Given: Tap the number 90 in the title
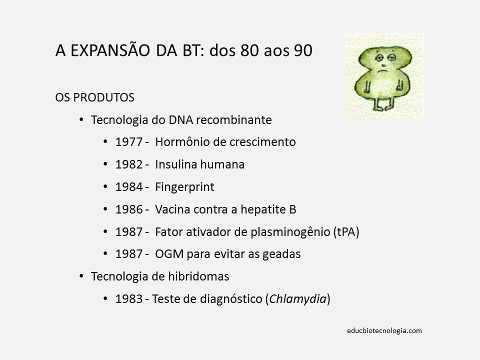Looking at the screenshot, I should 303,51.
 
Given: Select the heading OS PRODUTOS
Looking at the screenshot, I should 94,97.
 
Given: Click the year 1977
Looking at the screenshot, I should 128,142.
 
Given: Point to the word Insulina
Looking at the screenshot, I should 177,164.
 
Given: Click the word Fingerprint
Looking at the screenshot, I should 184,187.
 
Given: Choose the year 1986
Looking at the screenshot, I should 128,209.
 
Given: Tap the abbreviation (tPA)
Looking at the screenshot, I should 346,232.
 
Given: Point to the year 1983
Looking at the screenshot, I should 128,299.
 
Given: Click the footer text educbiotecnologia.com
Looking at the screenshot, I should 384,330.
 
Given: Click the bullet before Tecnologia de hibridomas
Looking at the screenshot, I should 81,276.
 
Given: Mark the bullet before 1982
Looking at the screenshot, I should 105,164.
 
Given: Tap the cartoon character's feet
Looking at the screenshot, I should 383,106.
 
